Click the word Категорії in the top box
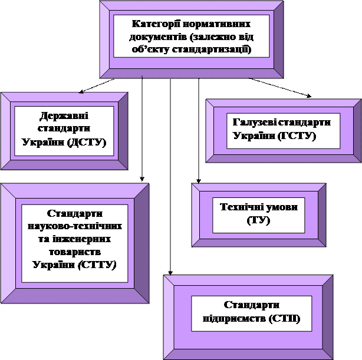(156, 24)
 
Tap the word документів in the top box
(157, 37)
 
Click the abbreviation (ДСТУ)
(87, 143)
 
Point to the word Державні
(64, 116)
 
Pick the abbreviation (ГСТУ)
(297, 136)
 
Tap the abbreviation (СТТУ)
(97, 265)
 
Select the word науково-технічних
(75, 226)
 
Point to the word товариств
(75, 252)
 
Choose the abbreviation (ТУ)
(258, 220)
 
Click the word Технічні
(241, 207)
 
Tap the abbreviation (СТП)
(284, 319)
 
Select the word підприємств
(234, 319)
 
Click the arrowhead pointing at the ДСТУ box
(81, 91)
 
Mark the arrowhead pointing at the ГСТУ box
(309, 96)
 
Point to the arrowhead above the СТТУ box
(142, 179)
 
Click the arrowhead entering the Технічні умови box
(199, 181)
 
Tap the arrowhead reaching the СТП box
(170, 273)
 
